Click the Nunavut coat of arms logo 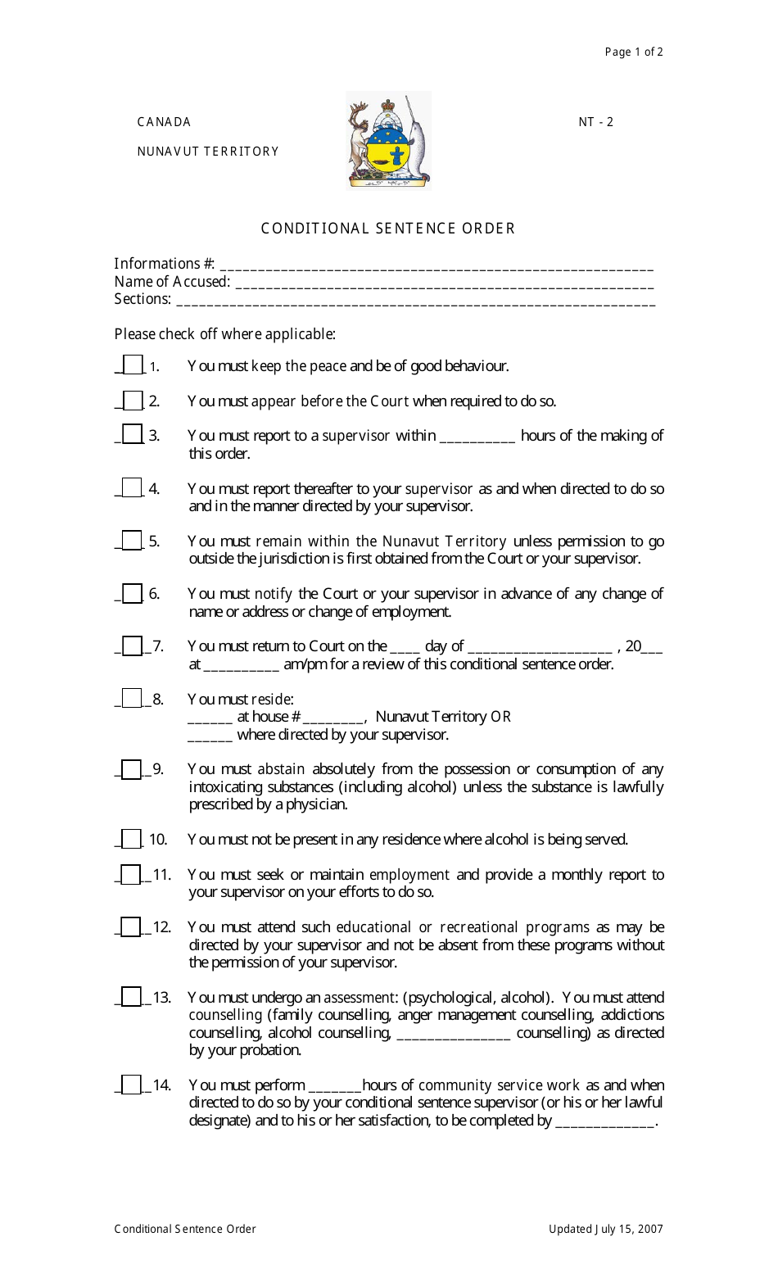pos(388,140)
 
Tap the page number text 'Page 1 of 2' pos(633,52)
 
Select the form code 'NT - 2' pos(595,122)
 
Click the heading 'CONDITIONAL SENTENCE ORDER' pos(388,229)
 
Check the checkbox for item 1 pos(133,365)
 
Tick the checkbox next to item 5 pos(132,541)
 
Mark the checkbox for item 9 pos(131,769)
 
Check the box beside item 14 pos(131,1085)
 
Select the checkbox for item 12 pos(131,926)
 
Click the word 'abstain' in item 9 pos(281,769)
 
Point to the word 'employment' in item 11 pos(409,875)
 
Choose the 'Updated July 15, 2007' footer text pos(605,1229)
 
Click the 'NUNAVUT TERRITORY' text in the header pos(208,152)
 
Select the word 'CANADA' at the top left pos(164,122)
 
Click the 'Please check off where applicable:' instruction pos(224,334)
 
